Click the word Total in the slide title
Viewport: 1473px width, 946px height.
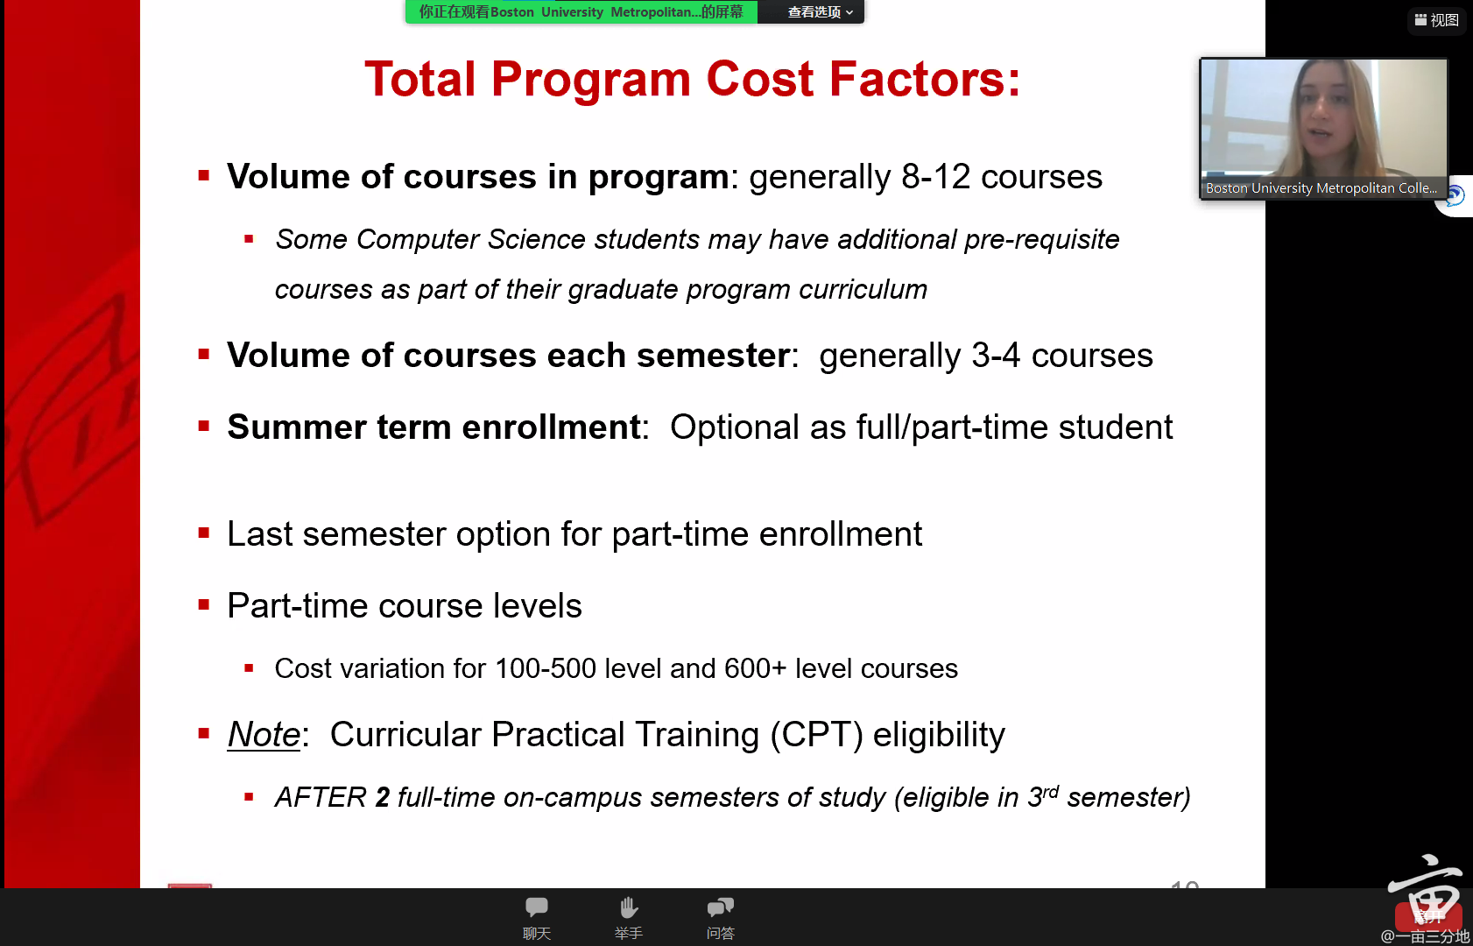point(420,79)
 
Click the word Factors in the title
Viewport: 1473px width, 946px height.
point(924,79)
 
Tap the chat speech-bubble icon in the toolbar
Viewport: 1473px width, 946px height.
point(537,907)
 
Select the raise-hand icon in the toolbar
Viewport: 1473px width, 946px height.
point(629,907)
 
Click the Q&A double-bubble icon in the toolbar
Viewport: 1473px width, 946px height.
point(720,907)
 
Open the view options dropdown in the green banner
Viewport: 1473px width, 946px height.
point(820,12)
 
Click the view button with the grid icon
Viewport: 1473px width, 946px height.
point(1437,20)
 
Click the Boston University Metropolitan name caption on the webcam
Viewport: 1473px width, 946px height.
point(1321,188)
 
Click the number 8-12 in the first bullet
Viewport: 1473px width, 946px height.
point(936,176)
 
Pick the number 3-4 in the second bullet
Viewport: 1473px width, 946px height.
point(996,356)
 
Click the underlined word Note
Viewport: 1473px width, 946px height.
point(264,734)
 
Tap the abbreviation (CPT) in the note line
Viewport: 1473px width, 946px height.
point(816,735)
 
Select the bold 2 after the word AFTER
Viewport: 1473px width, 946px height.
point(382,797)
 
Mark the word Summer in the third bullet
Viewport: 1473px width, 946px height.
point(297,427)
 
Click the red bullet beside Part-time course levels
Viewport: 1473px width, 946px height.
point(204,604)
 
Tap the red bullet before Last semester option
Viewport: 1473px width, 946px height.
point(204,533)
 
